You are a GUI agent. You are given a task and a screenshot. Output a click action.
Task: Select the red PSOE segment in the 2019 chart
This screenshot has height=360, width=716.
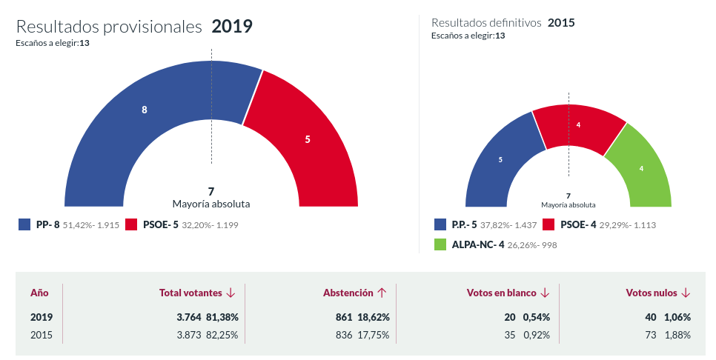point(308,139)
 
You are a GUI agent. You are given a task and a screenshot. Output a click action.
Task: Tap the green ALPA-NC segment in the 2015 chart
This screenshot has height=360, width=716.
point(640,168)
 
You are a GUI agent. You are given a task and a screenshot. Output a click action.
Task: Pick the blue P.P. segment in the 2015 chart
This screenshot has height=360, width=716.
point(500,159)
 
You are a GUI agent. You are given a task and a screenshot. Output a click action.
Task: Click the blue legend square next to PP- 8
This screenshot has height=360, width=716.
point(24,224)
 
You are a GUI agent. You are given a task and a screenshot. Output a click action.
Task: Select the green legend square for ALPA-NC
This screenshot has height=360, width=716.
point(440,244)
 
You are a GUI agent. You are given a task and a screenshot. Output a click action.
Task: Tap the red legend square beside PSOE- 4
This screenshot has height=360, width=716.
point(549,224)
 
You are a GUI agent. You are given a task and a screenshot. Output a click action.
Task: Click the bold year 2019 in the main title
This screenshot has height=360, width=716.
point(232,27)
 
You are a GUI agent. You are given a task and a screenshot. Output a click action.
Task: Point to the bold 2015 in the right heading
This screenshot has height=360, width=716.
point(561,23)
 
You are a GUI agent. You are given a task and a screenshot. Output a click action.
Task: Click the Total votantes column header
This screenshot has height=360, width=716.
point(191,293)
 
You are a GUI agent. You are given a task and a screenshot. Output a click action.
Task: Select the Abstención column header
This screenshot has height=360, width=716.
point(348,293)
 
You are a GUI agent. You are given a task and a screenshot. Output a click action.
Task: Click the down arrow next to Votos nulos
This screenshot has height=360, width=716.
point(686,293)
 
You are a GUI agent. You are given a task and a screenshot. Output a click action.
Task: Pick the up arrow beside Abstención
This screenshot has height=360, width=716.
point(382,293)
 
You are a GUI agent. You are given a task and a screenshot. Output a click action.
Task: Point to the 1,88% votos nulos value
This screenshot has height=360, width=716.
point(677,335)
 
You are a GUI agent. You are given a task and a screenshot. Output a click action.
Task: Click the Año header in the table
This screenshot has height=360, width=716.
point(39,293)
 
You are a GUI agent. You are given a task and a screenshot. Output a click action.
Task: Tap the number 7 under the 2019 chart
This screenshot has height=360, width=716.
point(211,191)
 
